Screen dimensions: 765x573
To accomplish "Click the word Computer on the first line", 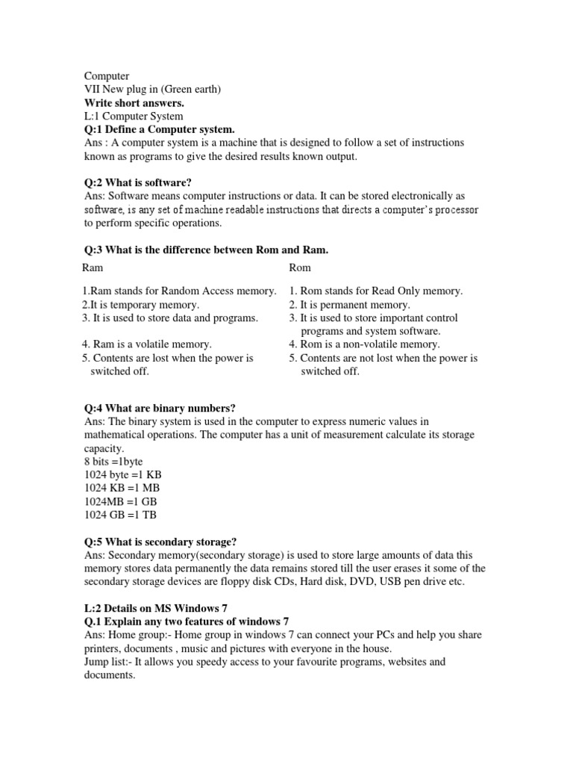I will [107, 76].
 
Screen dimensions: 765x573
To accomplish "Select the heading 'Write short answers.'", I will [134, 103].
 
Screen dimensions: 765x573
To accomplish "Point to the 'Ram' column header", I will [93, 267].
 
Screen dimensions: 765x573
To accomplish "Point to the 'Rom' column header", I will [300, 267].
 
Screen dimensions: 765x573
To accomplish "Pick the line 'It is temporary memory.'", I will [141, 305].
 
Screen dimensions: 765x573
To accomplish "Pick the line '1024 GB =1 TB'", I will [120, 515].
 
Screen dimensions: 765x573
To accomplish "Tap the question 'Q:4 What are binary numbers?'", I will [160, 408].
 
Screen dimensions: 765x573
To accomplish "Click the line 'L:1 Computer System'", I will [134, 117].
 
